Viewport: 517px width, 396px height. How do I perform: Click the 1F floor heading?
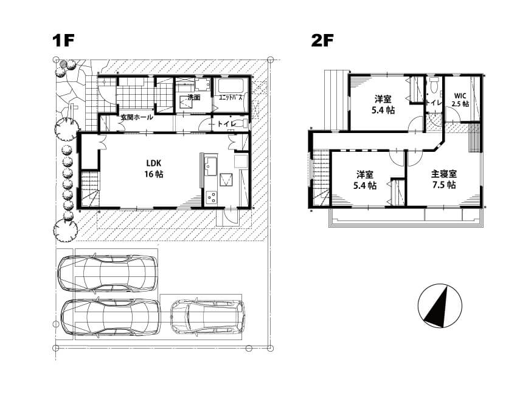point(63,41)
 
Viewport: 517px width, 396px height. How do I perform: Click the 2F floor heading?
point(322,41)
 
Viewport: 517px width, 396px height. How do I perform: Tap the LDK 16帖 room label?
point(154,168)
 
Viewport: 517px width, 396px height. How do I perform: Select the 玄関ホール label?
point(136,117)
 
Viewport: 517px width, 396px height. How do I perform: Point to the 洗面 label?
point(194,97)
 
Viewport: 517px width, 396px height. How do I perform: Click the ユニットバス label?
point(231,97)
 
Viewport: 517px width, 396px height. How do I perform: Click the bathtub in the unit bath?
point(231,86)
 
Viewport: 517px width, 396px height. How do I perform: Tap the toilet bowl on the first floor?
point(241,124)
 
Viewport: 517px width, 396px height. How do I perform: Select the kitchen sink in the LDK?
point(210,165)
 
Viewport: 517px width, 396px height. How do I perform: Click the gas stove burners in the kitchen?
point(211,197)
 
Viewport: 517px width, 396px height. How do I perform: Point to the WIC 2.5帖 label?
point(460,100)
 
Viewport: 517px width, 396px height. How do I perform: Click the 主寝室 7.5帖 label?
point(444,179)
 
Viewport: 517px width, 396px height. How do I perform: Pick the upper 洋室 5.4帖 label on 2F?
point(383,104)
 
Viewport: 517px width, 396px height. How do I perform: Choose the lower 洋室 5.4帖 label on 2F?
point(365,180)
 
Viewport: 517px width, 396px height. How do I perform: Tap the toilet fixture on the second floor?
point(434,84)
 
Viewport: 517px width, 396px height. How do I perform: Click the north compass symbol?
point(440,306)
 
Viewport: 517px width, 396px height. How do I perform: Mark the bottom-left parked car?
point(111,318)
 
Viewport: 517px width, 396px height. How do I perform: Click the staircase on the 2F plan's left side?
point(320,179)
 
